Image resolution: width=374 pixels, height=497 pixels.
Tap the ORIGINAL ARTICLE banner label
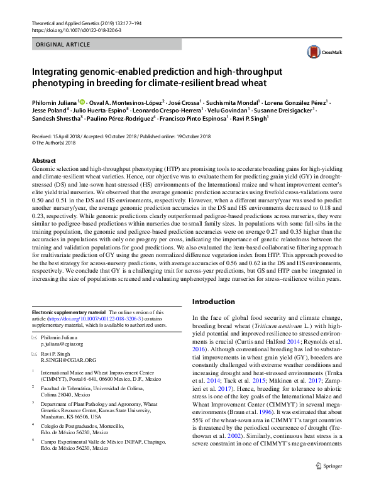tap(62, 45)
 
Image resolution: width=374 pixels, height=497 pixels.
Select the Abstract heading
tap(44, 161)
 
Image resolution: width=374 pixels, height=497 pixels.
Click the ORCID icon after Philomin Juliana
tap(82, 101)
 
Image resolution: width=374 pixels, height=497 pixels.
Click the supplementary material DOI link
tap(97, 319)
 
